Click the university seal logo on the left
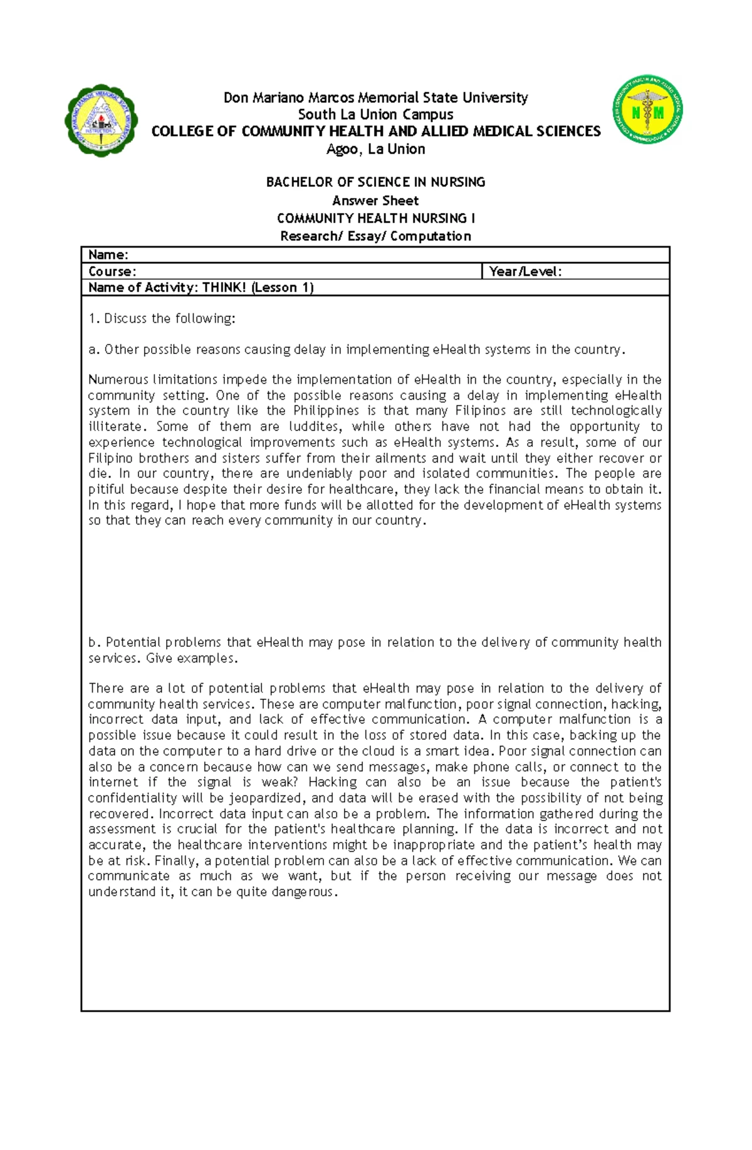coord(101,121)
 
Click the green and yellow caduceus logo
coord(647,110)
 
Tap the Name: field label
coord(108,254)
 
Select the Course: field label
coord(112,271)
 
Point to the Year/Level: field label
coord(525,271)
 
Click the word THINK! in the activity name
coord(224,288)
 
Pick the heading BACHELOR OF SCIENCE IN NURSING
coord(375,182)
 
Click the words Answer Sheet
coord(375,201)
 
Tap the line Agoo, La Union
coord(375,149)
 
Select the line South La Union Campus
coord(375,115)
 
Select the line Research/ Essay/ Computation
coord(375,236)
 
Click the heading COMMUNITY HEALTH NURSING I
coord(375,218)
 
